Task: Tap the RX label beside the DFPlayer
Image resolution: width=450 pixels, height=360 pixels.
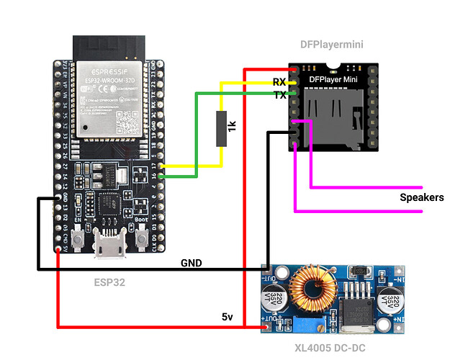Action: [x=279, y=82]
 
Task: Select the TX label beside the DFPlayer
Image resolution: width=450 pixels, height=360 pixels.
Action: [x=279, y=96]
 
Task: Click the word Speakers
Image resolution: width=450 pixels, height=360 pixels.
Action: [x=422, y=197]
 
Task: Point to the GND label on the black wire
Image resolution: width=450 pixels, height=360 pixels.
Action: [x=191, y=263]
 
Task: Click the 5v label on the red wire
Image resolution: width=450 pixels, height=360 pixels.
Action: [x=228, y=316]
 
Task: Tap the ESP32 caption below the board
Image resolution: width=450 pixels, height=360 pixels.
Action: [x=109, y=282]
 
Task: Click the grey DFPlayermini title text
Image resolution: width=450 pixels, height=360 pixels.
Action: [x=331, y=45]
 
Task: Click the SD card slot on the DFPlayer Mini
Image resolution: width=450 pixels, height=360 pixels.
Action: [x=333, y=115]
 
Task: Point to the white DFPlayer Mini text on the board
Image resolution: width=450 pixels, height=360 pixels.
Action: [x=333, y=78]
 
